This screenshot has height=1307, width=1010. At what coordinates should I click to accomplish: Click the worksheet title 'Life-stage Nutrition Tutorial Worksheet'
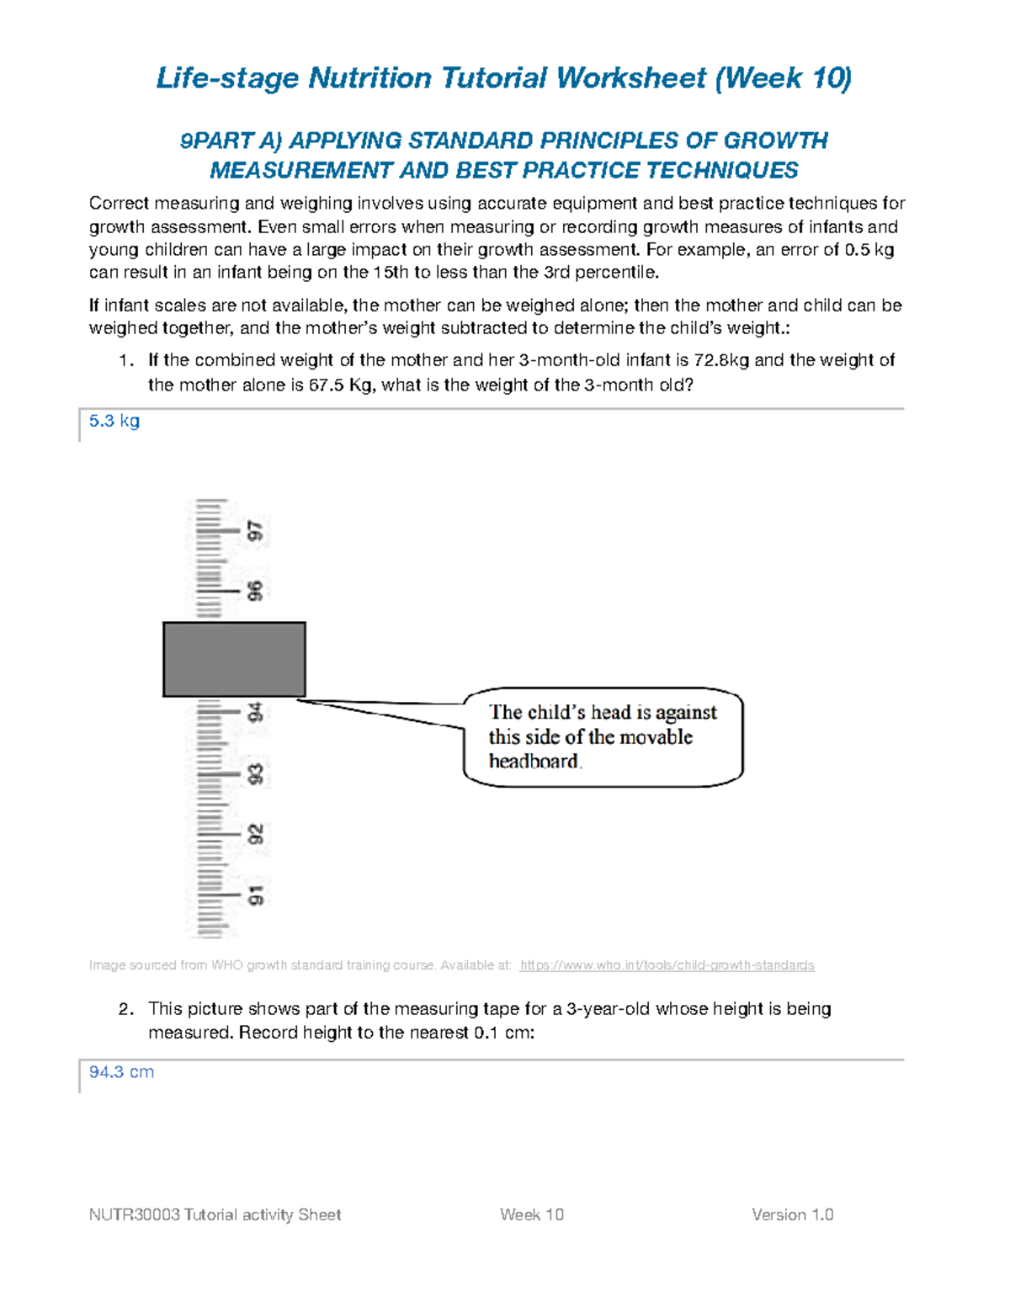(x=431, y=78)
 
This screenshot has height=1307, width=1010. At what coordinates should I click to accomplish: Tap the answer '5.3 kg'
(x=114, y=421)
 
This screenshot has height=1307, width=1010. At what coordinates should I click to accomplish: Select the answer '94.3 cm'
(x=121, y=1071)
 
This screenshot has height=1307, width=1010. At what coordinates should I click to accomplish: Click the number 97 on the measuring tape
(x=255, y=531)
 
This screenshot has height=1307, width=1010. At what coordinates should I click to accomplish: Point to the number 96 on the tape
(x=255, y=591)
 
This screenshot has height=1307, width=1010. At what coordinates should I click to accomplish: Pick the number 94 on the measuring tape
(x=255, y=713)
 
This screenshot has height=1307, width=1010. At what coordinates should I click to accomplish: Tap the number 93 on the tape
(x=255, y=773)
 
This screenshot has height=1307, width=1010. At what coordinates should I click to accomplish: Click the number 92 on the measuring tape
(x=255, y=834)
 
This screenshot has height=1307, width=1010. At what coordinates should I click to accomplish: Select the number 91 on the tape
(x=255, y=895)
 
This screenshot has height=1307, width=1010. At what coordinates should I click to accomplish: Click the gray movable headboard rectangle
(x=234, y=659)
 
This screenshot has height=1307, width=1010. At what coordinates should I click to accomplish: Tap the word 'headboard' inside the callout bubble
(x=534, y=761)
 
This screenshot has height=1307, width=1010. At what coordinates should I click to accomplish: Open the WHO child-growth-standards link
(x=667, y=965)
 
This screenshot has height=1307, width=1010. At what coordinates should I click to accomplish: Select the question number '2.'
(x=126, y=1008)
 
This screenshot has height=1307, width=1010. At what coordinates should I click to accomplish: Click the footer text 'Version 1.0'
(x=792, y=1214)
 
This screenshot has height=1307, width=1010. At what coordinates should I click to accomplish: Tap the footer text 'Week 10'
(x=531, y=1214)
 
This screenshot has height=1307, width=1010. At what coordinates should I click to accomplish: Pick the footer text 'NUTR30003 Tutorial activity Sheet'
(x=215, y=1214)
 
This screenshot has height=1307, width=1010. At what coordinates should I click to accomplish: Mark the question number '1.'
(x=126, y=360)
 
